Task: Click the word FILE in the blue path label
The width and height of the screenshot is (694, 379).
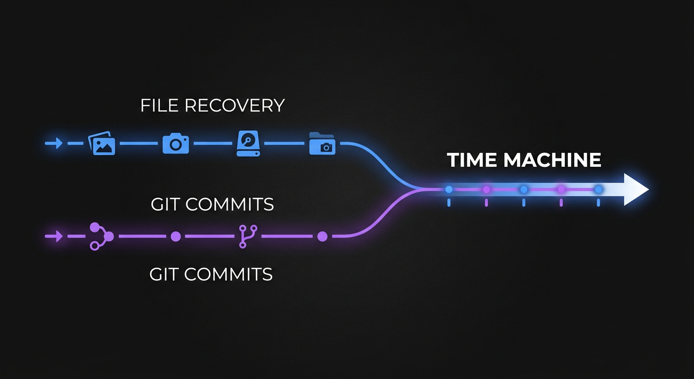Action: click(x=158, y=106)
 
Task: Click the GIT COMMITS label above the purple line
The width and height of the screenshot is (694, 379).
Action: click(x=212, y=204)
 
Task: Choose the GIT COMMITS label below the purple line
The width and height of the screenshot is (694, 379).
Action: click(x=211, y=274)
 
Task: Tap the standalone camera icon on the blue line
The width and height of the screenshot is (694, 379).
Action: click(x=175, y=144)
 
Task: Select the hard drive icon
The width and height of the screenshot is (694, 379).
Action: click(x=248, y=144)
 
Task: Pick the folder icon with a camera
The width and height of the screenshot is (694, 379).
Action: click(x=322, y=144)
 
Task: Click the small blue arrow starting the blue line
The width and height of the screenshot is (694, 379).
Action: click(x=54, y=144)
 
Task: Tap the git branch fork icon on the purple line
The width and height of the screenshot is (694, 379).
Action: click(x=244, y=236)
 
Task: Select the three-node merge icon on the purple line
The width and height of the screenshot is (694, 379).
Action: click(x=101, y=236)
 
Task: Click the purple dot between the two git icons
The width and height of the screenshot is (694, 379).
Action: click(x=175, y=236)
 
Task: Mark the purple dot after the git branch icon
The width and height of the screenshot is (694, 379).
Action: click(x=322, y=236)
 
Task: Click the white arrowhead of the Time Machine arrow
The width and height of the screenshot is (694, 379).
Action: click(x=636, y=189)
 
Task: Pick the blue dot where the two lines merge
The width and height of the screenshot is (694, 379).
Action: click(x=449, y=189)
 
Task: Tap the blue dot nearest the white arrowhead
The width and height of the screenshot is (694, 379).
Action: click(x=598, y=189)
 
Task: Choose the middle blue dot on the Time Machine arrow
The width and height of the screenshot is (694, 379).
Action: click(x=523, y=189)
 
